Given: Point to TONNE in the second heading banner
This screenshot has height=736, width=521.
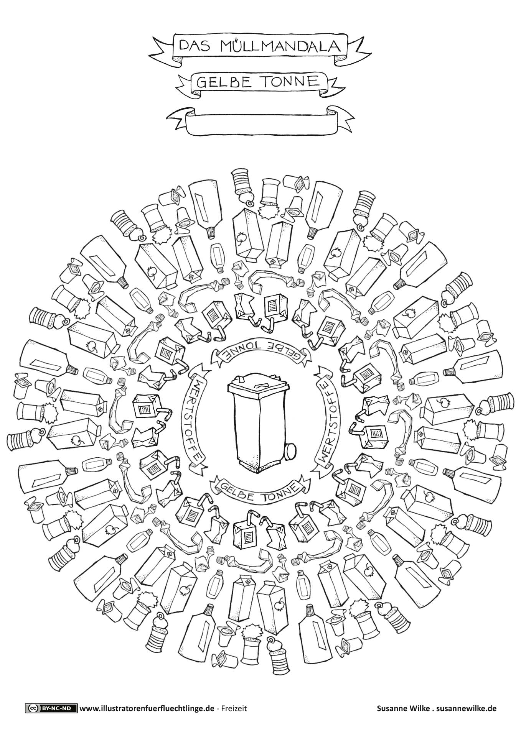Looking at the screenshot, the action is [292, 81].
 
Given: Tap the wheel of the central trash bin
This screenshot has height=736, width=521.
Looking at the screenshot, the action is [291, 450].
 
